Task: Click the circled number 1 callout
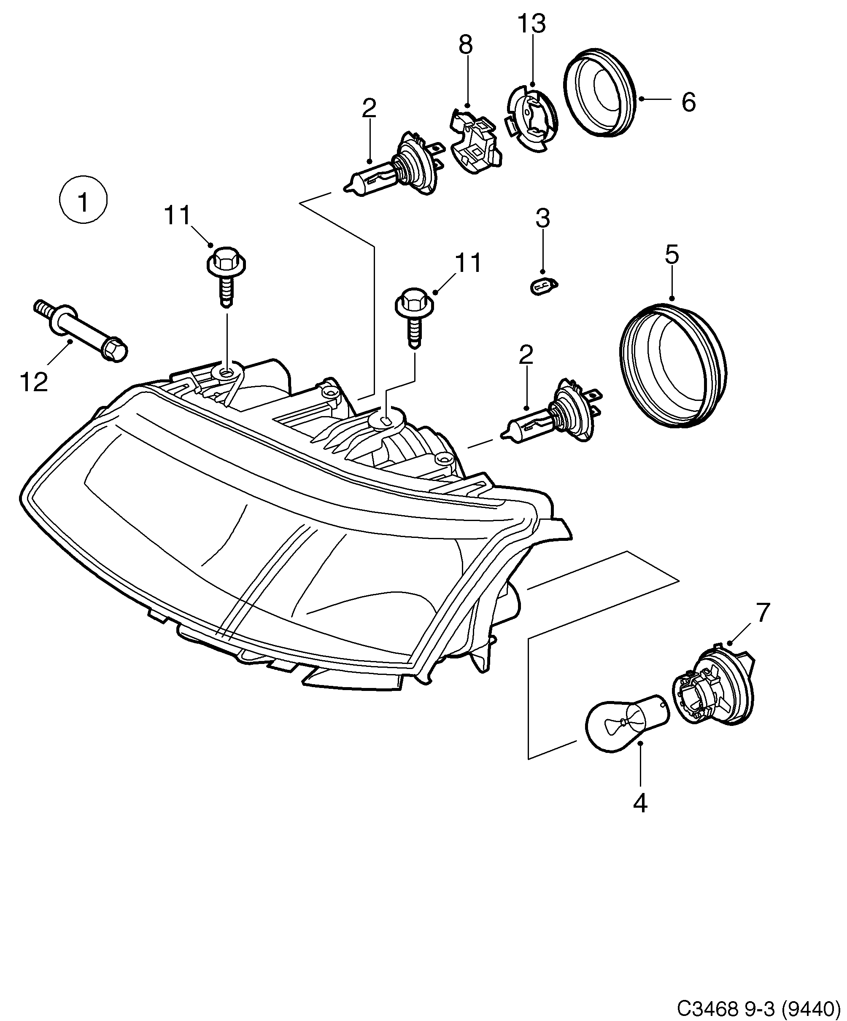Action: [83, 201]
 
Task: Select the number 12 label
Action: [34, 382]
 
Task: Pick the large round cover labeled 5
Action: [674, 365]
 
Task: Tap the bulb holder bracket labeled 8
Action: [475, 141]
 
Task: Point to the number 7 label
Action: [762, 613]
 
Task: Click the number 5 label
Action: [672, 255]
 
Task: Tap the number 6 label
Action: [688, 102]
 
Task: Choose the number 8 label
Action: [466, 46]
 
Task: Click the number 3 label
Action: [542, 218]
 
